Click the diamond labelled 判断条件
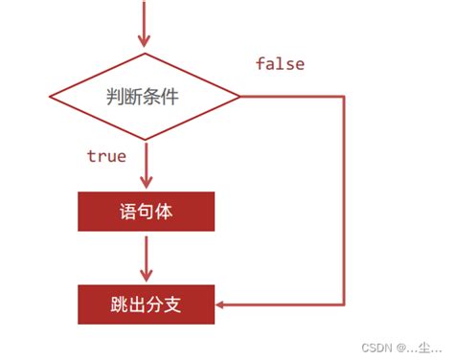pos(145,97)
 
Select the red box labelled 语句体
pos(146,212)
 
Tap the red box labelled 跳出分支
pos(146,305)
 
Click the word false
pos(280,64)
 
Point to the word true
pos(106,155)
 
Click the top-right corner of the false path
pos(342,97)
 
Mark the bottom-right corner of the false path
pos(342,305)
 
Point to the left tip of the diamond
pos(50,97)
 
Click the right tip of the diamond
pos(239,97)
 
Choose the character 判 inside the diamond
pos(114,97)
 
